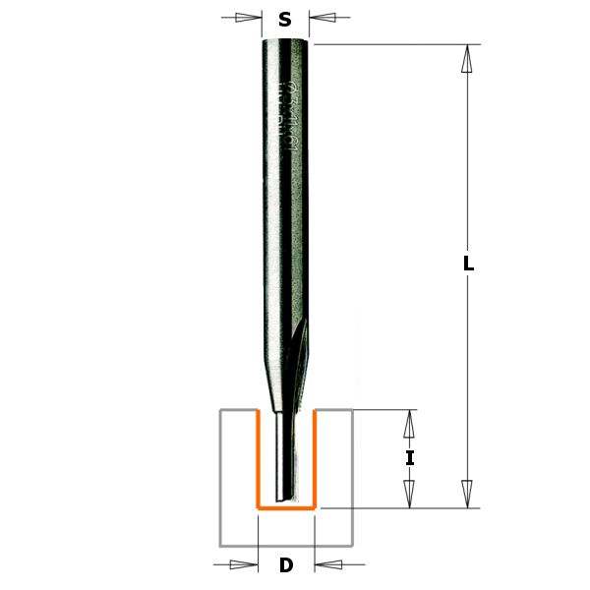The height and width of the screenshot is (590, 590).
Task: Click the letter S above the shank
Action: click(x=285, y=19)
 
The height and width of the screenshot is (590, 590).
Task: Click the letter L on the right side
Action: click(x=469, y=265)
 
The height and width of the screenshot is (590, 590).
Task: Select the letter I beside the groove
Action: click(x=410, y=458)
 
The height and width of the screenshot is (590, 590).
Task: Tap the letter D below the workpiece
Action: click(x=285, y=565)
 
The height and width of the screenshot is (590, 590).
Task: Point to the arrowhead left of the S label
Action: click(x=254, y=18)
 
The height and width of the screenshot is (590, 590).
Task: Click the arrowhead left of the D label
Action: click(x=246, y=564)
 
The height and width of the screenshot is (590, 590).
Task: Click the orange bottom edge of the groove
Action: click(x=285, y=508)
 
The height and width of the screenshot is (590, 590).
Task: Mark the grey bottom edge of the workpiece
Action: click(x=285, y=545)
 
